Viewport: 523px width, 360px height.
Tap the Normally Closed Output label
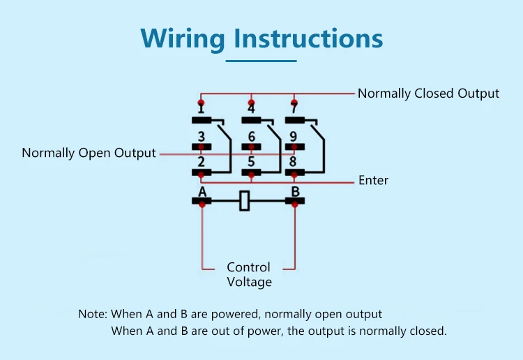click(428, 93)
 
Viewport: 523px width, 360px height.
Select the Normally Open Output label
click(89, 153)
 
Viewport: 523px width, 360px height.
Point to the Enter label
click(373, 180)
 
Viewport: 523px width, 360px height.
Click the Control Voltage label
click(249, 275)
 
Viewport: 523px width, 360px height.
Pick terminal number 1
click(201, 109)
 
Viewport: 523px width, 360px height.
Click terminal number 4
click(251, 109)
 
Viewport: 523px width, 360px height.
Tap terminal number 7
click(294, 109)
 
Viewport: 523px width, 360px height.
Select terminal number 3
click(201, 137)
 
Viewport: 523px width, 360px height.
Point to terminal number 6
click(251, 137)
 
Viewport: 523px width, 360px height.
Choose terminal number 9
click(294, 137)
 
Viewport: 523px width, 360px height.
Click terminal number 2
click(201, 163)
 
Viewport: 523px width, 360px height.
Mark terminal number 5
click(251, 163)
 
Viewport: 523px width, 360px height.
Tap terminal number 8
click(294, 163)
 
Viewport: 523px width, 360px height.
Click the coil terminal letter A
click(202, 191)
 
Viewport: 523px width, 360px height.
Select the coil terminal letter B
click(294, 191)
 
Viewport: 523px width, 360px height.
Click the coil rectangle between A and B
click(244, 201)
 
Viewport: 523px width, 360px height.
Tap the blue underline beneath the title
click(261, 61)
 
